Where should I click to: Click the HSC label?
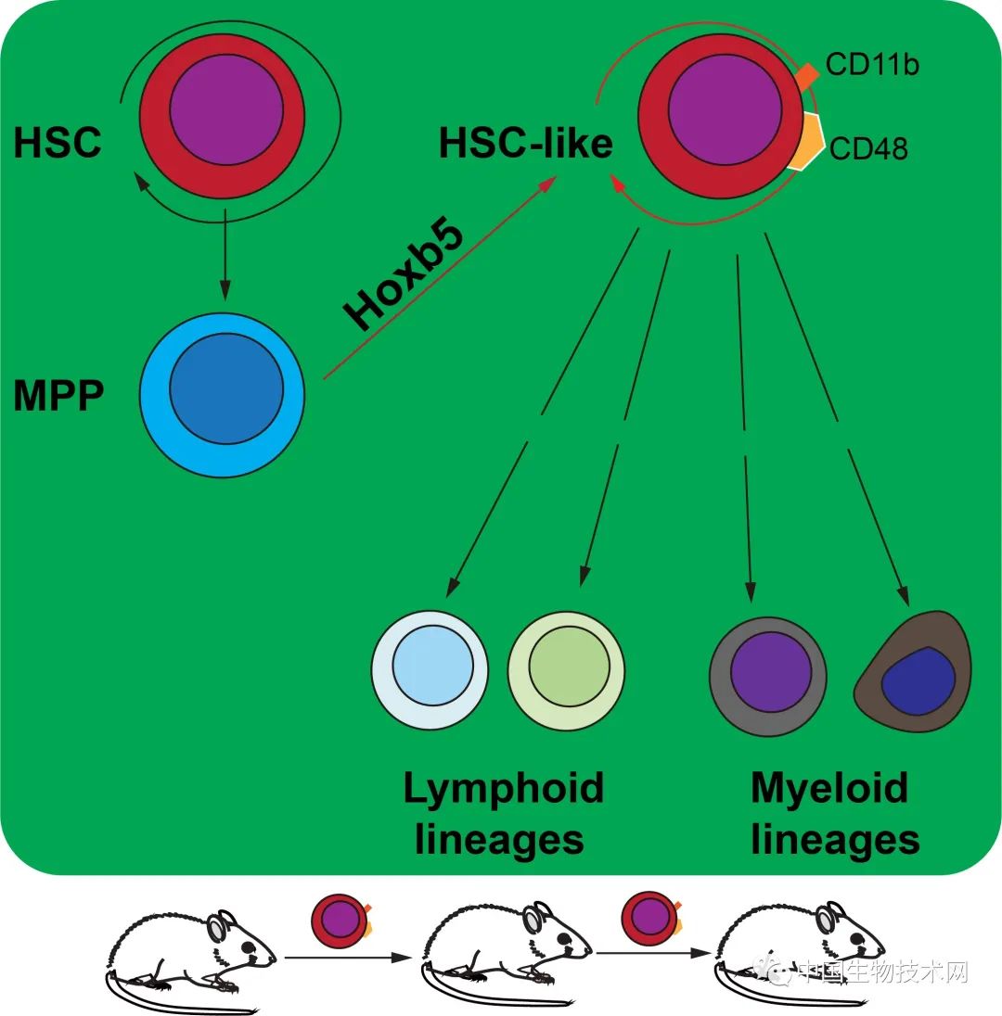(57, 144)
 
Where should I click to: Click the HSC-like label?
(525, 144)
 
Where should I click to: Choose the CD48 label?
(868, 148)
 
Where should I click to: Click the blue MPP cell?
(222, 395)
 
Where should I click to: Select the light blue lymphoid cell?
(430, 670)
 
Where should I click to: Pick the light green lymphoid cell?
(566, 670)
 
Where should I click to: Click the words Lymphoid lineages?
(502, 814)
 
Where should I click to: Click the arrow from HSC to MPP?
(223, 260)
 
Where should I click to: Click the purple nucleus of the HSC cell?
(222, 118)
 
